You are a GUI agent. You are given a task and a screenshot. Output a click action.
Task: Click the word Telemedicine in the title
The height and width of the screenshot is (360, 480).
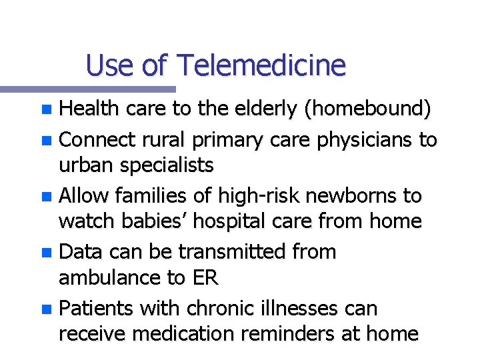coord(261,65)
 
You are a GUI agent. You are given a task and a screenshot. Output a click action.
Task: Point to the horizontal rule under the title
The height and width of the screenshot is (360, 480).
coord(87,89)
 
